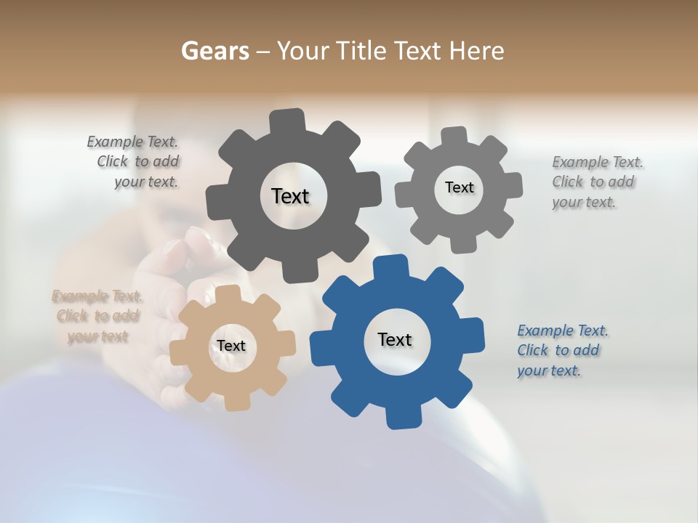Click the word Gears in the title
pyautogui.click(x=214, y=51)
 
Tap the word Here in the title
pyautogui.click(x=476, y=51)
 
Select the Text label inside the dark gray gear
pyautogui.click(x=290, y=196)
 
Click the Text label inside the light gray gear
pyautogui.click(x=459, y=187)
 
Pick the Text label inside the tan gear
pyautogui.click(x=231, y=346)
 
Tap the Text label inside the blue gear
pyautogui.click(x=395, y=339)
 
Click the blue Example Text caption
pyautogui.click(x=562, y=350)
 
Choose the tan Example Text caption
pyautogui.click(x=97, y=316)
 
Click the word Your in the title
pyautogui.click(x=304, y=51)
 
